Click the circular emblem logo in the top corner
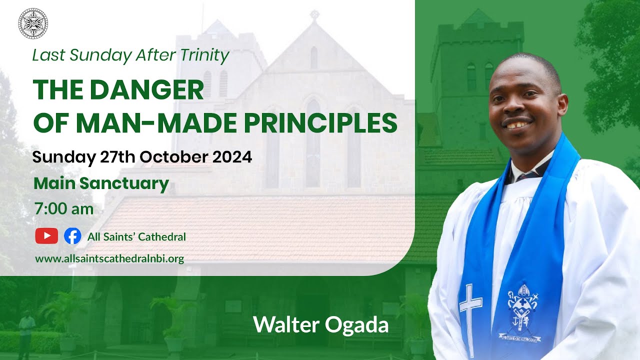33,23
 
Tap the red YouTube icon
46,236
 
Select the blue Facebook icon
72,236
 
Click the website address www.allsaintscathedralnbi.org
109,259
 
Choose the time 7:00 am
63,208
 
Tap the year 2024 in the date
232,157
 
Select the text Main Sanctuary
101,183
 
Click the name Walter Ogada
320,325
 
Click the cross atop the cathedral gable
314,14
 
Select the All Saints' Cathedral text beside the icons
136,236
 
